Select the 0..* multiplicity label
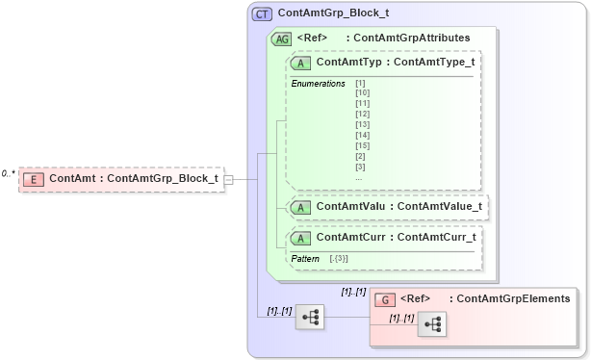click(x=9, y=173)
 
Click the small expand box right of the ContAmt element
click(x=228, y=178)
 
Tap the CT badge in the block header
click(x=262, y=14)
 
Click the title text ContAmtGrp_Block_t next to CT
click(x=333, y=14)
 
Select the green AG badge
click(x=282, y=39)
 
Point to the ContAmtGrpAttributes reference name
click(x=412, y=39)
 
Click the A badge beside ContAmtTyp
click(x=301, y=63)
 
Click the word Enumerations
click(x=319, y=84)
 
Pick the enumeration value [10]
click(x=362, y=93)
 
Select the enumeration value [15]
click(x=362, y=145)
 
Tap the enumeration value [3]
click(x=360, y=167)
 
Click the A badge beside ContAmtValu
click(x=301, y=205)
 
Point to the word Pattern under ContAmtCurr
click(x=305, y=258)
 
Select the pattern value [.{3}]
click(x=339, y=258)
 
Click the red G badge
click(x=384, y=299)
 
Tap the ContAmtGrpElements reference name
click(x=513, y=299)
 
